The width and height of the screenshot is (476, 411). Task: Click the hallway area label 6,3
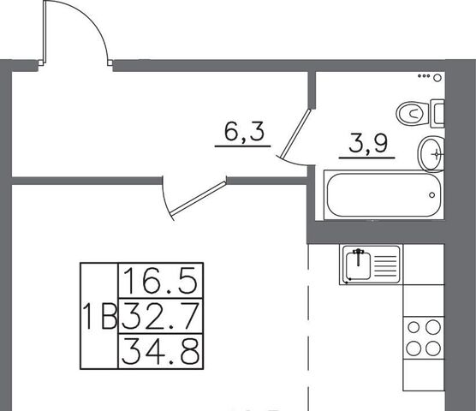[244, 132]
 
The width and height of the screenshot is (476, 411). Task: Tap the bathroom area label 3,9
[368, 143]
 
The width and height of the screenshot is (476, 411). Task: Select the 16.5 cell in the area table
[161, 281]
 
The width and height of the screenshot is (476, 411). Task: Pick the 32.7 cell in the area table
[161, 316]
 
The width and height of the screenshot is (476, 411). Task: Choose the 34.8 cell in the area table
[161, 351]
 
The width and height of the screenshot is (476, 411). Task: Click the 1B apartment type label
[100, 316]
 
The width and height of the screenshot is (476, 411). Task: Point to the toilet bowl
[414, 114]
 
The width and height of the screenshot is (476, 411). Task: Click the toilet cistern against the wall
[437, 113]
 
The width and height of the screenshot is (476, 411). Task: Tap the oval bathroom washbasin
[431, 154]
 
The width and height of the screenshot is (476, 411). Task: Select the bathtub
[384, 194]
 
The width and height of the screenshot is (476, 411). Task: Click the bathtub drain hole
[432, 195]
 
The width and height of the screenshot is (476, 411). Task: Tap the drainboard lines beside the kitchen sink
[385, 265]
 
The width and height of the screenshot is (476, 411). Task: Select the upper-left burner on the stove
[414, 327]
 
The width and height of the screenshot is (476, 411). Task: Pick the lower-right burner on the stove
[433, 348]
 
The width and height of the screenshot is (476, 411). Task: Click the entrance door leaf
[45, 32]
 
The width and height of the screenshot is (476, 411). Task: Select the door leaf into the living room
[199, 198]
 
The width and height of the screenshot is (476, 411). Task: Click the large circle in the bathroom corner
[437, 78]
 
